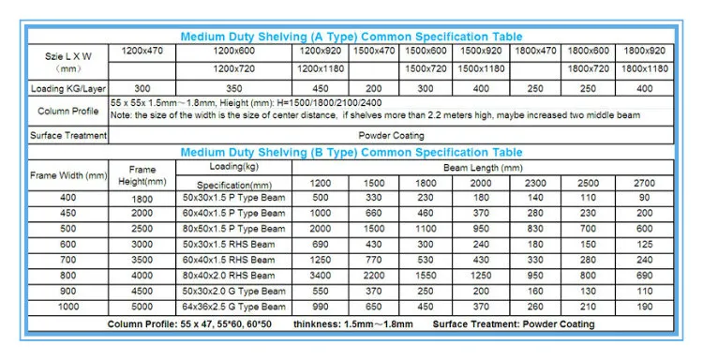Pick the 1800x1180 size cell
pos(644,69)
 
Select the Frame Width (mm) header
pos(68,174)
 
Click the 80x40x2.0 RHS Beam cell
pos(234,276)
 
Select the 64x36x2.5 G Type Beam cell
pos(234,307)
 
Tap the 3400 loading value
pos(321,276)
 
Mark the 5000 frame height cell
pos(142,307)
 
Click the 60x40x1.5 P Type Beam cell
pos(234,214)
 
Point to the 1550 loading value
pos(427,276)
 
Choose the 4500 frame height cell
pos(142,291)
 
